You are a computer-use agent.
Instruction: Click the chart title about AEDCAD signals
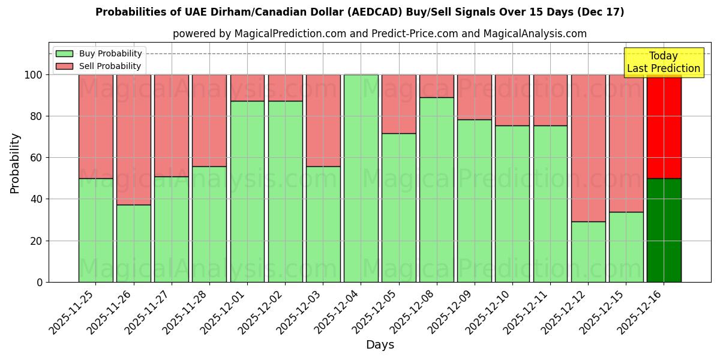coord(359,12)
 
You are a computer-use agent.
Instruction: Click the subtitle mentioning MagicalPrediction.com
coord(379,34)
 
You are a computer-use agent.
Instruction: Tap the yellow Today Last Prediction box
coord(663,62)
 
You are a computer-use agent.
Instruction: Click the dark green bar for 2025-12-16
coord(664,230)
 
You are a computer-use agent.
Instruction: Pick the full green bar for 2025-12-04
coord(361,178)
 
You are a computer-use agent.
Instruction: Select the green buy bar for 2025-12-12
coord(588,251)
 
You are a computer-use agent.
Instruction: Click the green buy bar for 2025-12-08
coord(436,190)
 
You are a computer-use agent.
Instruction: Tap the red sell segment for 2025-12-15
coord(626,143)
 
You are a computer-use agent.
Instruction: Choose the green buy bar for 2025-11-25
coord(95,230)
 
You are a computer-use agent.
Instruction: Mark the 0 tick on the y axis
coord(40,282)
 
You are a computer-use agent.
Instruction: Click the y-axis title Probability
coord(15,163)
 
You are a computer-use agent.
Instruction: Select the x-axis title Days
coord(379,345)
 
